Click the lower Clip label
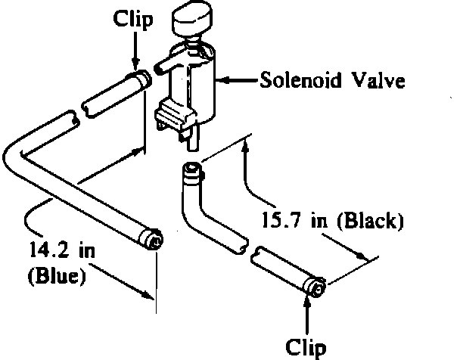(x=306, y=346)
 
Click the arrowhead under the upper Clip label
(x=137, y=65)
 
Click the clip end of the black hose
(x=315, y=287)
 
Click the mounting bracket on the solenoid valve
(x=173, y=117)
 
